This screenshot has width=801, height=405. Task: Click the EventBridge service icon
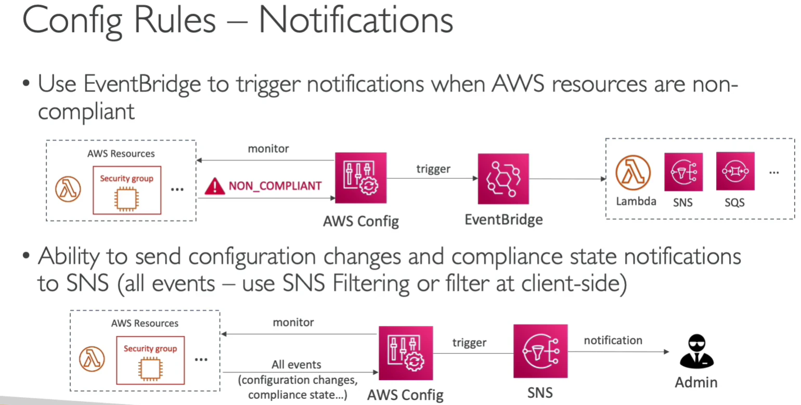(x=503, y=179)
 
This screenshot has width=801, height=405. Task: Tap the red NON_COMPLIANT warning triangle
(x=214, y=186)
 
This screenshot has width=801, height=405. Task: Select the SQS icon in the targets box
(x=735, y=171)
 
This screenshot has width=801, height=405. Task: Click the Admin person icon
(x=696, y=351)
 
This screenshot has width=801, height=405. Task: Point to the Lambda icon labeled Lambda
(x=633, y=173)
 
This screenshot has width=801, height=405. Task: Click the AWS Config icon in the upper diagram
(x=361, y=178)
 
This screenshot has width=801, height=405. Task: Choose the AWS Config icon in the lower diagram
(x=406, y=353)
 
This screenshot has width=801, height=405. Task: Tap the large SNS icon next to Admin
(x=540, y=351)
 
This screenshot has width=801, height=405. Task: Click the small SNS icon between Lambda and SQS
(x=683, y=172)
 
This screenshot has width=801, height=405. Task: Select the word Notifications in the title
(x=356, y=20)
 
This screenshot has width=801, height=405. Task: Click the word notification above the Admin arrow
(x=613, y=341)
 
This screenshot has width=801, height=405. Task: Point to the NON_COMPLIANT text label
(x=275, y=186)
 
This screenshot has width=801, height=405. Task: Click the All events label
(x=296, y=364)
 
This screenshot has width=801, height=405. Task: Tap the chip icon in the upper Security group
(x=126, y=199)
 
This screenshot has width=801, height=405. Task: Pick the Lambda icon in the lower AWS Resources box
(x=92, y=359)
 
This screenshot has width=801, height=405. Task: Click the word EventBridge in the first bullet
(x=143, y=84)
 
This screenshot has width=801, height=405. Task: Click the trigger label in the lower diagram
(x=469, y=343)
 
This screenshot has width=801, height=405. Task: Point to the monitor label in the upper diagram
(x=268, y=148)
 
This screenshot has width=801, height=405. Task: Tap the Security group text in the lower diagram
(x=150, y=348)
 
